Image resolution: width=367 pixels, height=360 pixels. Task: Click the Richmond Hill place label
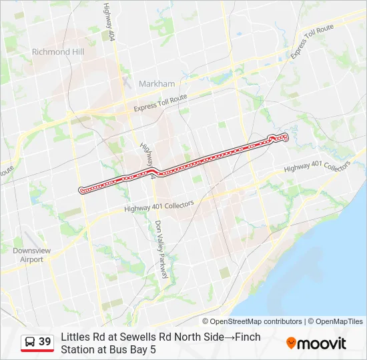(57, 51)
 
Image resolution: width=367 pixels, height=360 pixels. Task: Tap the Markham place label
(157, 84)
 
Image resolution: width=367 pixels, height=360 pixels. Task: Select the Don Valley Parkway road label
(163, 249)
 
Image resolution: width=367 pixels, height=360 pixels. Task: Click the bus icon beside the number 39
(30, 342)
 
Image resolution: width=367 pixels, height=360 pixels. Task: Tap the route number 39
(45, 342)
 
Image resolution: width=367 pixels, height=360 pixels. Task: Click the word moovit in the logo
(322, 343)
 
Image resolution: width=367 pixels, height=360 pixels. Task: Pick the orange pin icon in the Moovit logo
(291, 343)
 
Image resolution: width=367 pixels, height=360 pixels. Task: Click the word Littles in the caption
(75, 337)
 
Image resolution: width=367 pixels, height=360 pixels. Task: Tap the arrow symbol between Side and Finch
(229, 337)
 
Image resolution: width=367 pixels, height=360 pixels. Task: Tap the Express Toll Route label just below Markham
(160, 103)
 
